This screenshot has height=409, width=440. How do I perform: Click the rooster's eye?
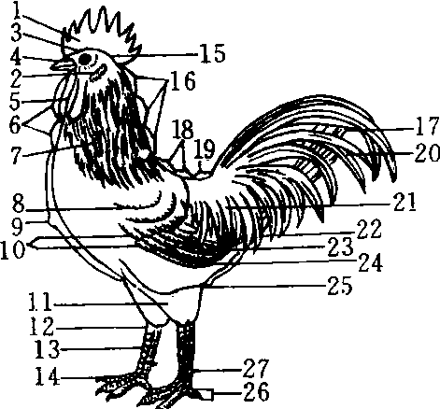click(86, 59)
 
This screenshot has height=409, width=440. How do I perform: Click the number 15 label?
click(212, 53)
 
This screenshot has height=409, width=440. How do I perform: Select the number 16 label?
click(183, 80)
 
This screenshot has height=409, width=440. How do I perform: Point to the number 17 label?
click(427, 125)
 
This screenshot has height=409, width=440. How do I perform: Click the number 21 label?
click(405, 202)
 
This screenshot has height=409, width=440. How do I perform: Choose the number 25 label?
click(340, 285)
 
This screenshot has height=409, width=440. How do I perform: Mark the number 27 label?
click(255, 368)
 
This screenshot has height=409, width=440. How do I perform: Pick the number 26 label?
click(256, 391)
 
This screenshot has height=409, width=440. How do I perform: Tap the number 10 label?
click(12, 248)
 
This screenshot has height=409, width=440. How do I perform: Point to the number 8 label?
click(18, 204)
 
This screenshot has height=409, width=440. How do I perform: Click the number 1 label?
click(16, 10)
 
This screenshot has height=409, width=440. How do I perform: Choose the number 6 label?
click(15, 125)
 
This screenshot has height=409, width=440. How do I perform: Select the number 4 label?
click(16, 57)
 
